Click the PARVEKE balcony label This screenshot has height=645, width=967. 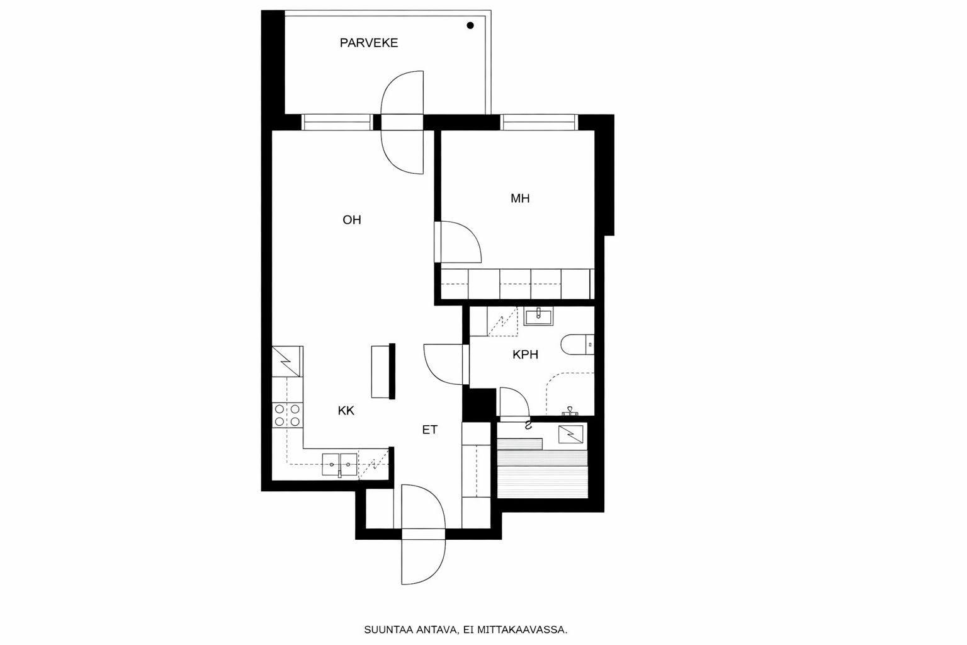pos(368,43)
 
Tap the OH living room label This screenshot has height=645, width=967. pos(351,220)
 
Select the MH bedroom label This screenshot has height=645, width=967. pos(520,198)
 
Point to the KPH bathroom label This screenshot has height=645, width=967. pos(525,355)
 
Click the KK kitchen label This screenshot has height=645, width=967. pos(346,411)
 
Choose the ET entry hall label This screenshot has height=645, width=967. pos(429,430)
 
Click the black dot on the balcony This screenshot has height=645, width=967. pos(470,26)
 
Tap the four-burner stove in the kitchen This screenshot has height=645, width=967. pos(287,415)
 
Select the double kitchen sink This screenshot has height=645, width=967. pos(339,464)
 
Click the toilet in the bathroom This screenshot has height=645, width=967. pos(576,345)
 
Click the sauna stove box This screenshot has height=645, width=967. pos(570,434)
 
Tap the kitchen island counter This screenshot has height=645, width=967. pos(382,372)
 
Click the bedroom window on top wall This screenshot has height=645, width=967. pos(539,122)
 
